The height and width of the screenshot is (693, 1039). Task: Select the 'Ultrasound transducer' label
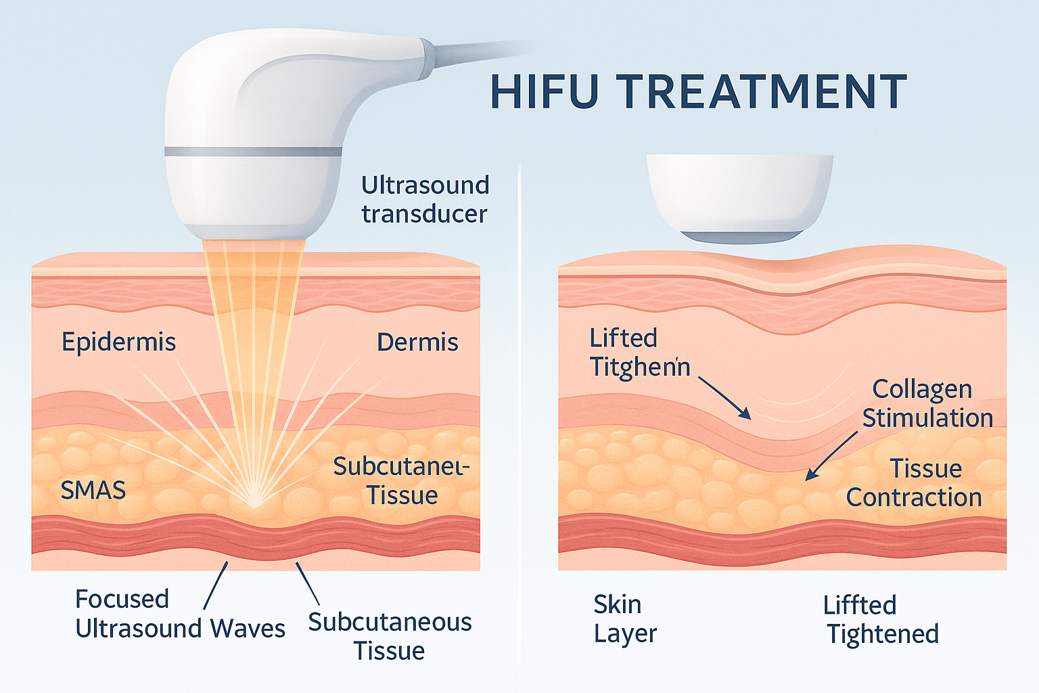coord(424,199)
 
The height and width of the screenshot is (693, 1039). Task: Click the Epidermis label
coord(118,342)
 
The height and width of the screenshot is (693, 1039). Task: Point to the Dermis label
coord(417,342)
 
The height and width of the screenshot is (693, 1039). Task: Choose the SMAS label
coord(93,490)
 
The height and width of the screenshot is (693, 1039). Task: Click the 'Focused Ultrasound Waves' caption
coord(179,614)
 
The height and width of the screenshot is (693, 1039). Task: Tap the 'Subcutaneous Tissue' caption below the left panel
coord(390,636)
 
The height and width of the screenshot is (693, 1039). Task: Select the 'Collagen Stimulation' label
coord(927,403)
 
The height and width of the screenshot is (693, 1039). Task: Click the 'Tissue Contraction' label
coord(914,483)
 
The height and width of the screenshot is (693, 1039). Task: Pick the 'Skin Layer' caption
coord(624,619)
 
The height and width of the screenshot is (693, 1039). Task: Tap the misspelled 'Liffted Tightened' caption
coord(882,619)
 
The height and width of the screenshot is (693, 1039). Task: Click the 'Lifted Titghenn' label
coord(639,352)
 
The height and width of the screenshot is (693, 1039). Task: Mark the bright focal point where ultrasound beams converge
coord(254,504)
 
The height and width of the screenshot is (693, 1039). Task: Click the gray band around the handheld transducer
coord(253,152)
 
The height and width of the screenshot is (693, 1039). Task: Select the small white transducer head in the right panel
coord(739,196)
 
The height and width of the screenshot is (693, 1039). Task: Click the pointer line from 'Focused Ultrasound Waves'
coord(216,585)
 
